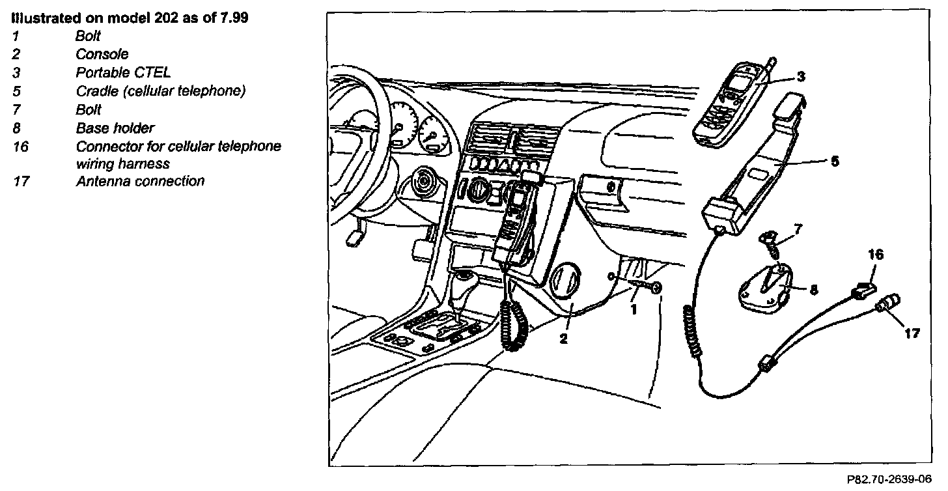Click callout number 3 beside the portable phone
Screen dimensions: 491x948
(x=801, y=77)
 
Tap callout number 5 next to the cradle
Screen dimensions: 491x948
(x=835, y=161)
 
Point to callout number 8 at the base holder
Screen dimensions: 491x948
(x=813, y=290)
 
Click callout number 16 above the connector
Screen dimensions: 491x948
(x=876, y=255)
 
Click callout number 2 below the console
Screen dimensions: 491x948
(x=564, y=339)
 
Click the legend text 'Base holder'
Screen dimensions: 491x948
(x=115, y=128)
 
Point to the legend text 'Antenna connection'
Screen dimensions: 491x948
(x=140, y=181)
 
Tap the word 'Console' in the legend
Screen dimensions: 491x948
(x=102, y=54)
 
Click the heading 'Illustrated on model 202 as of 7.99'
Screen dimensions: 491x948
(x=129, y=18)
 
